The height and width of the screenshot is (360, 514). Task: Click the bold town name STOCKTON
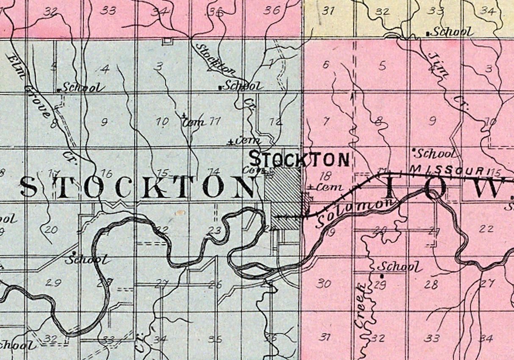tap(299, 159)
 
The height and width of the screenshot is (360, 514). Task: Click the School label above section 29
tap(399, 267)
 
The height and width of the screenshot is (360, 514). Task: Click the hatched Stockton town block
tap(285, 199)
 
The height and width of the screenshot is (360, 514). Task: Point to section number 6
tap(326, 65)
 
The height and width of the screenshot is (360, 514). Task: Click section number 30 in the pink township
tap(323, 283)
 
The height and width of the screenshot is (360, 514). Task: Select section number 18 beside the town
tap(325, 176)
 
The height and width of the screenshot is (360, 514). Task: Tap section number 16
tap(107, 173)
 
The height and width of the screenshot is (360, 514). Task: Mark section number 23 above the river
tap(215, 231)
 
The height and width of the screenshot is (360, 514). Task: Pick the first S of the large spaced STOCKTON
tap(29, 187)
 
